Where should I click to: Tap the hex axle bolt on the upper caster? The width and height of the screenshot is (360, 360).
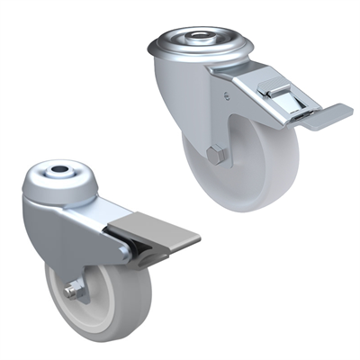tap(214, 156)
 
